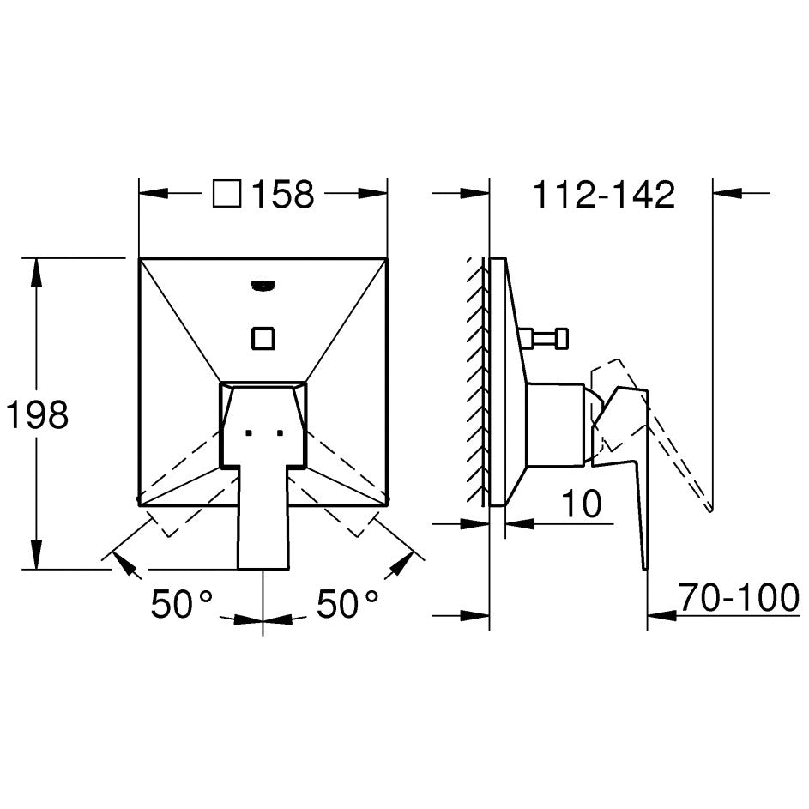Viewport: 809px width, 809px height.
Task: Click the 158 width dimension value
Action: pos(283,195)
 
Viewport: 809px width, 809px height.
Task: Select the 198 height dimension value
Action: pos(37,414)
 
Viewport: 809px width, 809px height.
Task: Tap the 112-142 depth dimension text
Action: pos(604,195)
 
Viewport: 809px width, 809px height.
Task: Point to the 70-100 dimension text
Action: pos(739,597)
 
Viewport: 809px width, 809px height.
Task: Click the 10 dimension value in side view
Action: pos(581,503)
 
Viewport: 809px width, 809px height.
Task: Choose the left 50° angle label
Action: pos(182,604)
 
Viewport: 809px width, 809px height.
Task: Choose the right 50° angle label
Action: pos(347,604)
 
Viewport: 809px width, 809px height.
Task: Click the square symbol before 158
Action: pos(227,194)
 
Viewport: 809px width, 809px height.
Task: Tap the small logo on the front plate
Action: pos(263,285)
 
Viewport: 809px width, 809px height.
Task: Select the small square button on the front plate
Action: pos(263,339)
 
